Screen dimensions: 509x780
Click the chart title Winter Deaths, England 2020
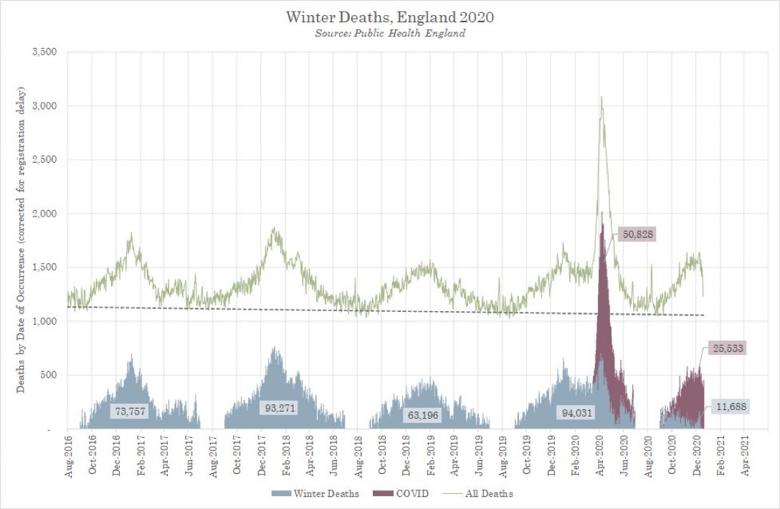tap(390, 16)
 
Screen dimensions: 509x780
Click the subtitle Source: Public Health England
tap(390, 34)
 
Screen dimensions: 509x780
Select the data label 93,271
tap(278, 408)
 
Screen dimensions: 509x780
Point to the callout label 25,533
tap(729, 349)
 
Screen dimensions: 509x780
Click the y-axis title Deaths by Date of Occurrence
tap(22, 240)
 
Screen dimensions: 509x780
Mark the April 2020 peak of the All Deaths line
tap(601, 97)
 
